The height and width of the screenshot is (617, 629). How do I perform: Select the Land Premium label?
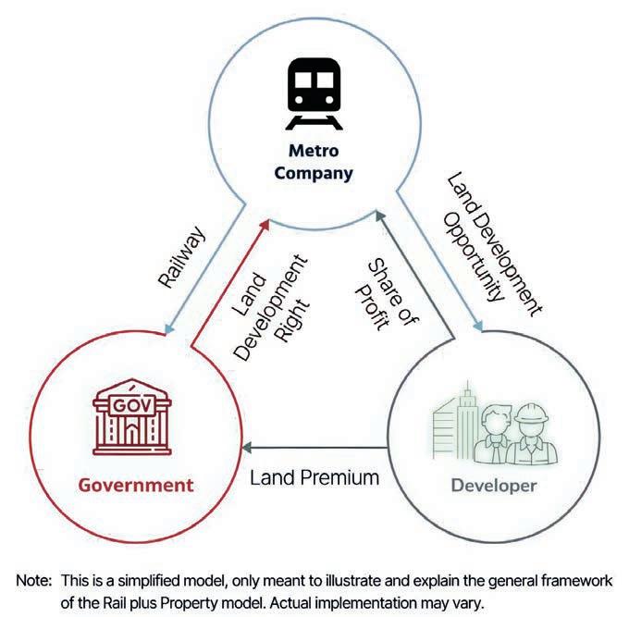tap(315, 477)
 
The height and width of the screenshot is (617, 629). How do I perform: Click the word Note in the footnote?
tap(34, 581)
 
